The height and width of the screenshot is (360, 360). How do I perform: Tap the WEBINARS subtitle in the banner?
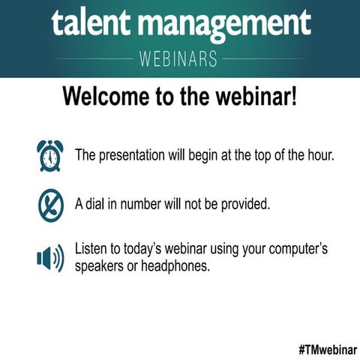coord(179,58)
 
